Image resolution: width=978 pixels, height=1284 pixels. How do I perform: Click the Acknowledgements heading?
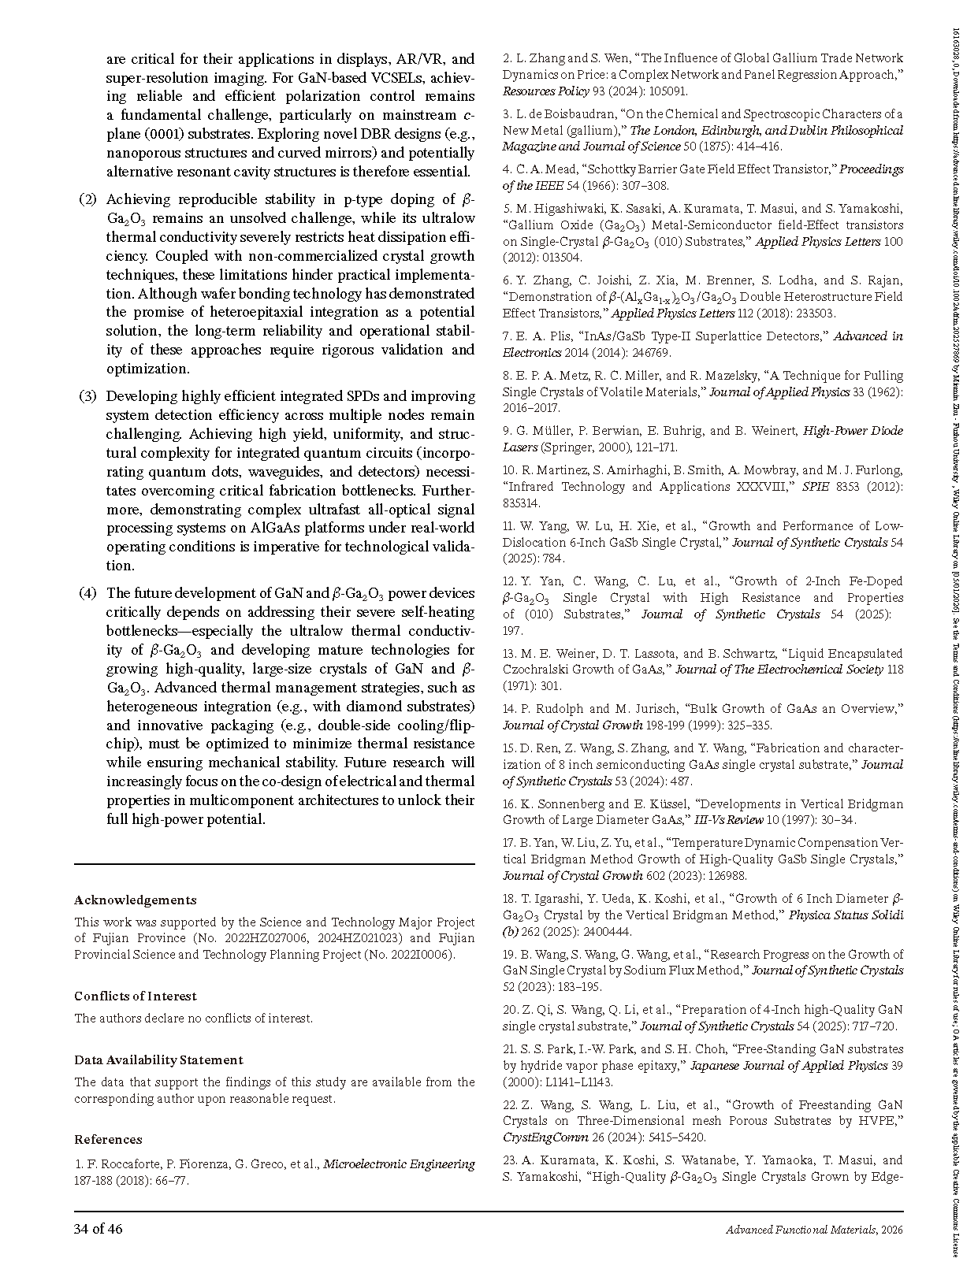pyautogui.click(x=135, y=900)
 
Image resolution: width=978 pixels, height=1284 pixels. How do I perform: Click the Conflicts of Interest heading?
pyautogui.click(x=136, y=996)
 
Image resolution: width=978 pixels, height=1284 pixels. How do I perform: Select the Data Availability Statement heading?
pyautogui.click(x=158, y=1059)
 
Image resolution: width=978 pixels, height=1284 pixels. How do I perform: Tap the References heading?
pyautogui.click(x=108, y=1139)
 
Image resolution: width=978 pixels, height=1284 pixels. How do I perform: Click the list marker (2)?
pyautogui.click(x=87, y=199)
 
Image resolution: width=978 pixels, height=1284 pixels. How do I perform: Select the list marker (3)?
pyautogui.click(x=87, y=396)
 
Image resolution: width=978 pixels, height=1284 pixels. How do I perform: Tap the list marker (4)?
pyautogui.click(x=87, y=593)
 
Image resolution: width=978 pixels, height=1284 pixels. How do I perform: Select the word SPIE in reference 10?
pyautogui.click(x=816, y=487)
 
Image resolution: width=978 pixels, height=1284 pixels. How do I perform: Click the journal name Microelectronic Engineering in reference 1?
pyautogui.click(x=400, y=1163)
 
